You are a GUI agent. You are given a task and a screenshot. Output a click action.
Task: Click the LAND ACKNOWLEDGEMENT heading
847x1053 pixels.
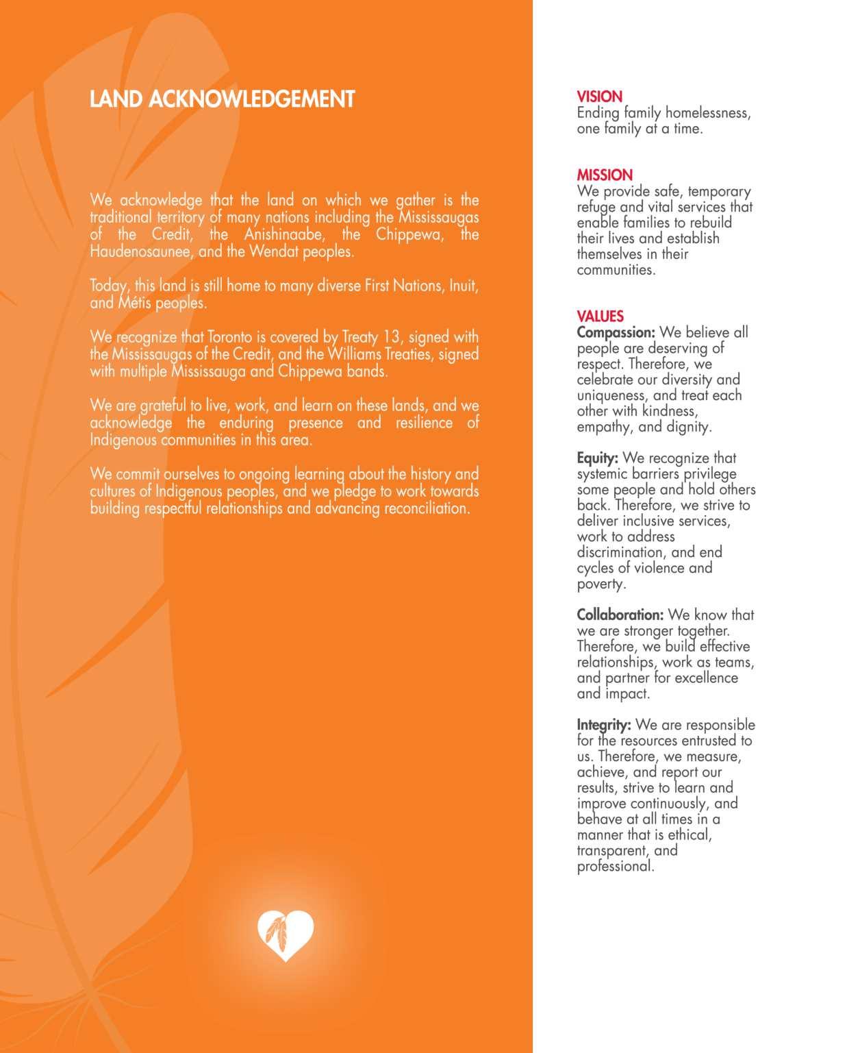click(222, 99)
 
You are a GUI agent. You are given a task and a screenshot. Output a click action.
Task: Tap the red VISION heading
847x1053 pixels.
click(599, 97)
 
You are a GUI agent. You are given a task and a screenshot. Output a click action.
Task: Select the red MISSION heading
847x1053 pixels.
click(605, 175)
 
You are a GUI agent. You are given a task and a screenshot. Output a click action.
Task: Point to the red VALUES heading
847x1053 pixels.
click(600, 316)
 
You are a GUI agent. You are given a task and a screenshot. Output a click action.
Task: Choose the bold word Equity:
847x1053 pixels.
click(597, 458)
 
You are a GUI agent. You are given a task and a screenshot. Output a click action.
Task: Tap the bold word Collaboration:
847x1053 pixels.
click(620, 615)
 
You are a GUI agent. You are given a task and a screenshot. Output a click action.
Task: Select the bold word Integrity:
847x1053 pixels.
click(603, 725)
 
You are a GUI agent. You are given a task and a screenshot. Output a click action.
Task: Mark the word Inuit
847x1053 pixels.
click(462, 286)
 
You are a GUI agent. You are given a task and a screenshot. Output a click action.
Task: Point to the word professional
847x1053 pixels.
click(615, 866)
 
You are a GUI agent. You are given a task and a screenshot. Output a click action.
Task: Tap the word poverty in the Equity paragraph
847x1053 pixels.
click(601, 584)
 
